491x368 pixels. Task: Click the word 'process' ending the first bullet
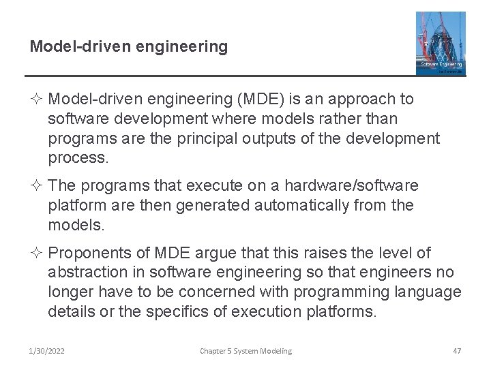click(78, 159)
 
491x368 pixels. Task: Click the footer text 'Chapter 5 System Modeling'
click(245, 351)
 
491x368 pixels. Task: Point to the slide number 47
click(457, 351)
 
